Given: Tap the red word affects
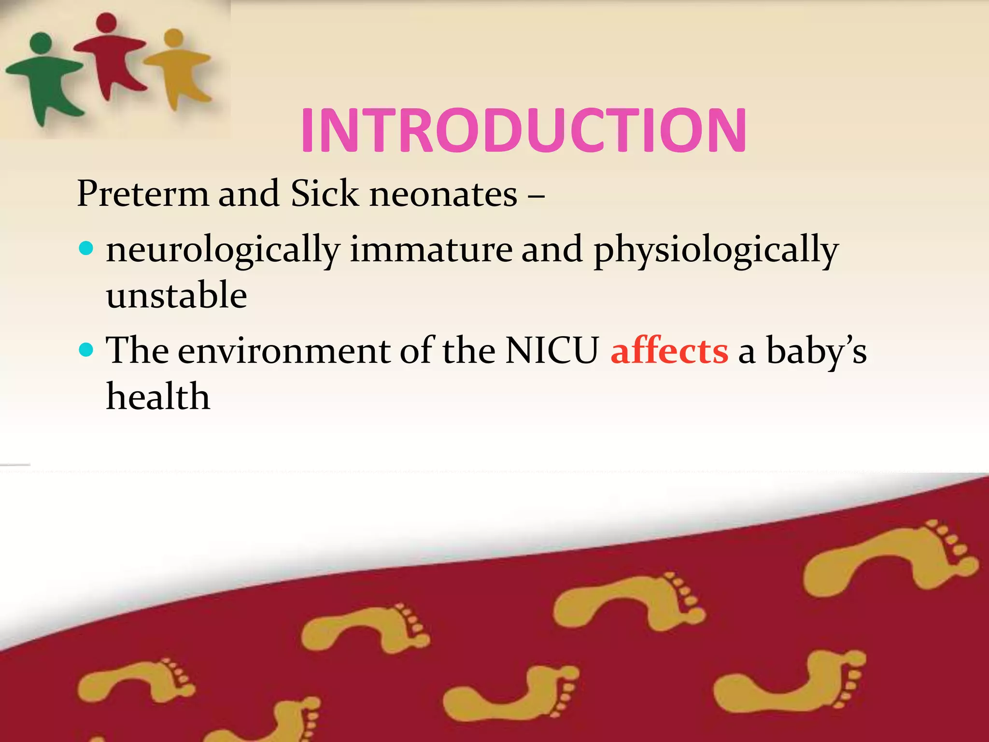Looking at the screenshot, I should tap(669, 351).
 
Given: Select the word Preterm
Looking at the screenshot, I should tap(143, 194).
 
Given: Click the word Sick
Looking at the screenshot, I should tap(325, 194).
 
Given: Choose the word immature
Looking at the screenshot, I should tap(431, 250).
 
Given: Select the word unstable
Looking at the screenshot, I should tap(177, 296).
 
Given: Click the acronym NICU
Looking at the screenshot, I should tap(552, 351).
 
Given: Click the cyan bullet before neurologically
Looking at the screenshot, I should tap(85, 249).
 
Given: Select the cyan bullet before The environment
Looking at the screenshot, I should tap(85, 350).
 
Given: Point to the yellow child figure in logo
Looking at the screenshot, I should tap(179, 68).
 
